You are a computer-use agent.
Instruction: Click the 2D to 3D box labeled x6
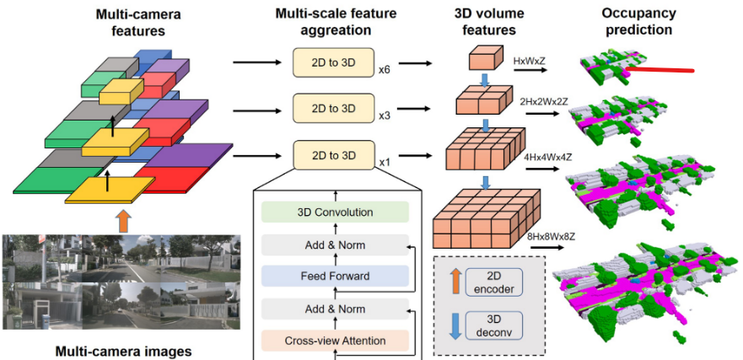(333, 62)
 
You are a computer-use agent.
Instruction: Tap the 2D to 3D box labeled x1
(333, 155)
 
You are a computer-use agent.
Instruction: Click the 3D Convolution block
(335, 212)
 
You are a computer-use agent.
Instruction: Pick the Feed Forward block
(335, 276)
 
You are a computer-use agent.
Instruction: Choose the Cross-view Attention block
(335, 340)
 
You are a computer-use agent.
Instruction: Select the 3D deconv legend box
(497, 325)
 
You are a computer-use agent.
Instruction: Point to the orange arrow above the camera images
(123, 222)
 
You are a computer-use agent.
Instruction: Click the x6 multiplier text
(385, 69)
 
